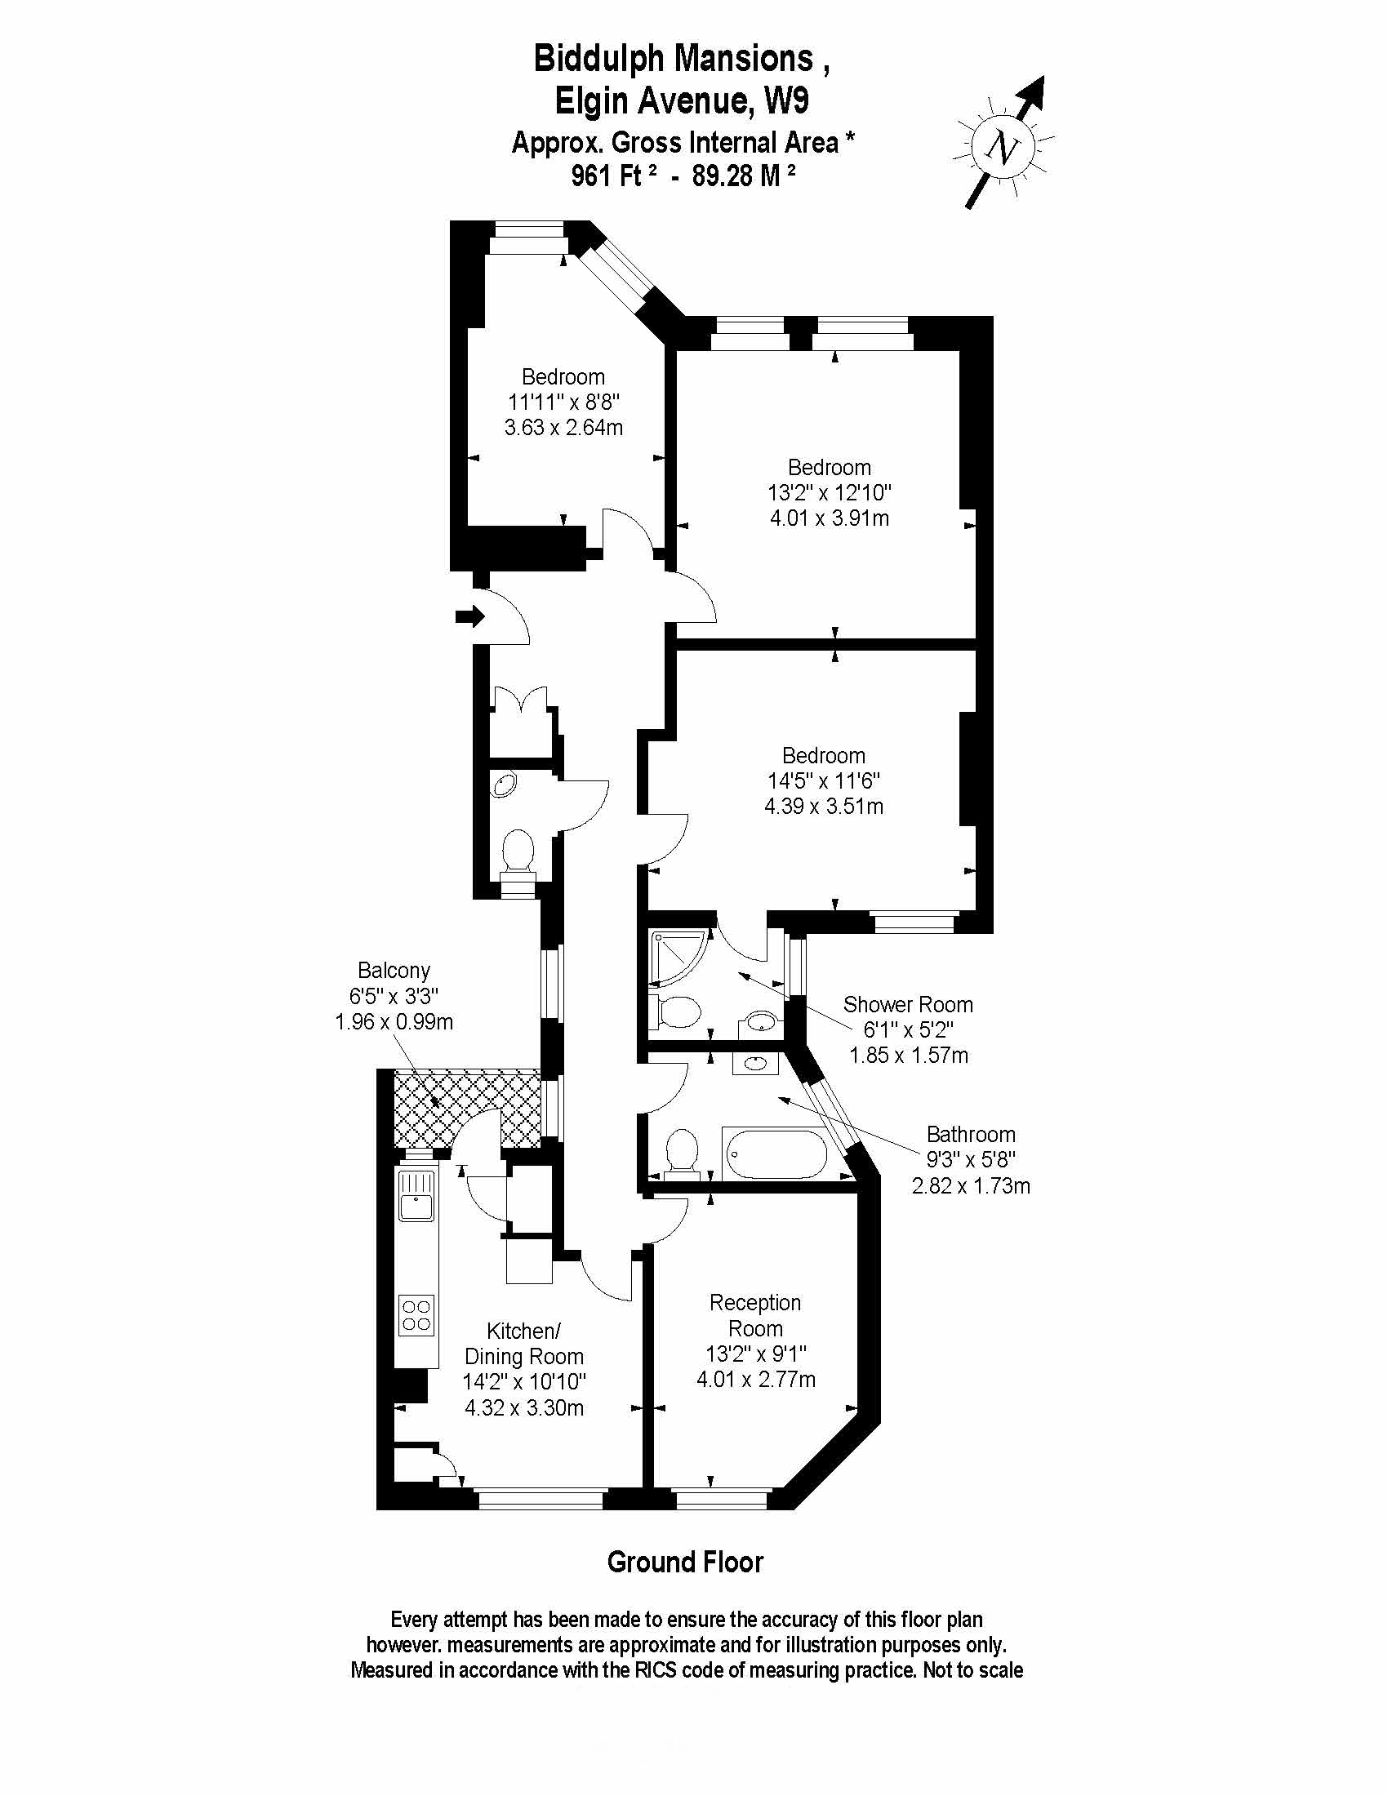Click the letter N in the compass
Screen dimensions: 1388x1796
pyautogui.click(x=1003, y=148)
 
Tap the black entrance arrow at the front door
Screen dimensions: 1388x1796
pyautogui.click(x=470, y=616)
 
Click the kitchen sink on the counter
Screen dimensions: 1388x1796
pyautogui.click(x=416, y=1198)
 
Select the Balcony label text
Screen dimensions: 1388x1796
pyautogui.click(x=394, y=971)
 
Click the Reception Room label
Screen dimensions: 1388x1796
pyautogui.click(x=756, y=1315)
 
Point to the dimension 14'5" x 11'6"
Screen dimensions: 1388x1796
pyautogui.click(x=824, y=780)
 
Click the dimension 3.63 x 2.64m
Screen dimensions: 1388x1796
pyautogui.click(x=563, y=428)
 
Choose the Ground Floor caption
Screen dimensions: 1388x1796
pyautogui.click(x=685, y=1563)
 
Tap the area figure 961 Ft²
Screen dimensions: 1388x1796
pyautogui.click(x=614, y=176)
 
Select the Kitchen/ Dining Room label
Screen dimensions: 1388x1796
pyautogui.click(x=524, y=1344)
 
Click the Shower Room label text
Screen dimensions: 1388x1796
pyautogui.click(x=908, y=1004)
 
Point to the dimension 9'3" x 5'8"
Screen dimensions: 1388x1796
pyautogui.click(x=971, y=1159)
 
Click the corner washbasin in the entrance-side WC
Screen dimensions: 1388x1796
pyautogui.click(x=503, y=785)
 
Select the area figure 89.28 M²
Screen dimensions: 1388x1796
pyautogui.click(x=744, y=176)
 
